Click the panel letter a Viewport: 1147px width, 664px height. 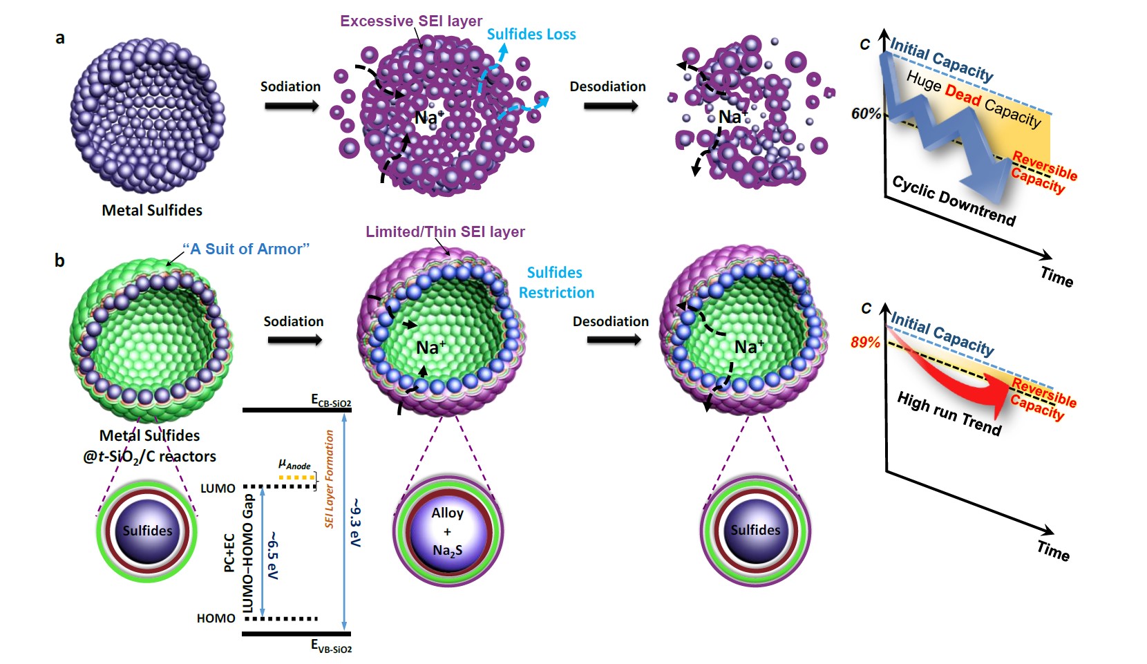[x=60, y=38]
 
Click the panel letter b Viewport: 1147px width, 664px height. [x=59, y=260]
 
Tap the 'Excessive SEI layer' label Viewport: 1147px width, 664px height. [x=410, y=21]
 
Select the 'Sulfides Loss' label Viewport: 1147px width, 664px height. [x=531, y=35]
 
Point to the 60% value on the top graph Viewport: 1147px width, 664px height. [x=866, y=113]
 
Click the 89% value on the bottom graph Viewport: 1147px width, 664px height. [x=865, y=342]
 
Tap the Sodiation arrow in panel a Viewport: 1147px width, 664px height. [x=292, y=106]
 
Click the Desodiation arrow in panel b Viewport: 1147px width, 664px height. [x=613, y=340]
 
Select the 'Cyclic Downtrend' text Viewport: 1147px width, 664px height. [x=954, y=201]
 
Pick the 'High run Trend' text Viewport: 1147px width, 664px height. [x=949, y=413]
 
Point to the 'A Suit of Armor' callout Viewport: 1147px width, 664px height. [x=246, y=249]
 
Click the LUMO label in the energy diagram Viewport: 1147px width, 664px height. [x=218, y=488]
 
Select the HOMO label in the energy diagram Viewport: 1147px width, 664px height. [x=216, y=618]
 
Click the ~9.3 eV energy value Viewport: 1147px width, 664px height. [x=356, y=522]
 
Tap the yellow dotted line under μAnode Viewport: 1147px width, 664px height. [x=296, y=477]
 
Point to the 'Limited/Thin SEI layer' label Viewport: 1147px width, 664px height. [x=445, y=232]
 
